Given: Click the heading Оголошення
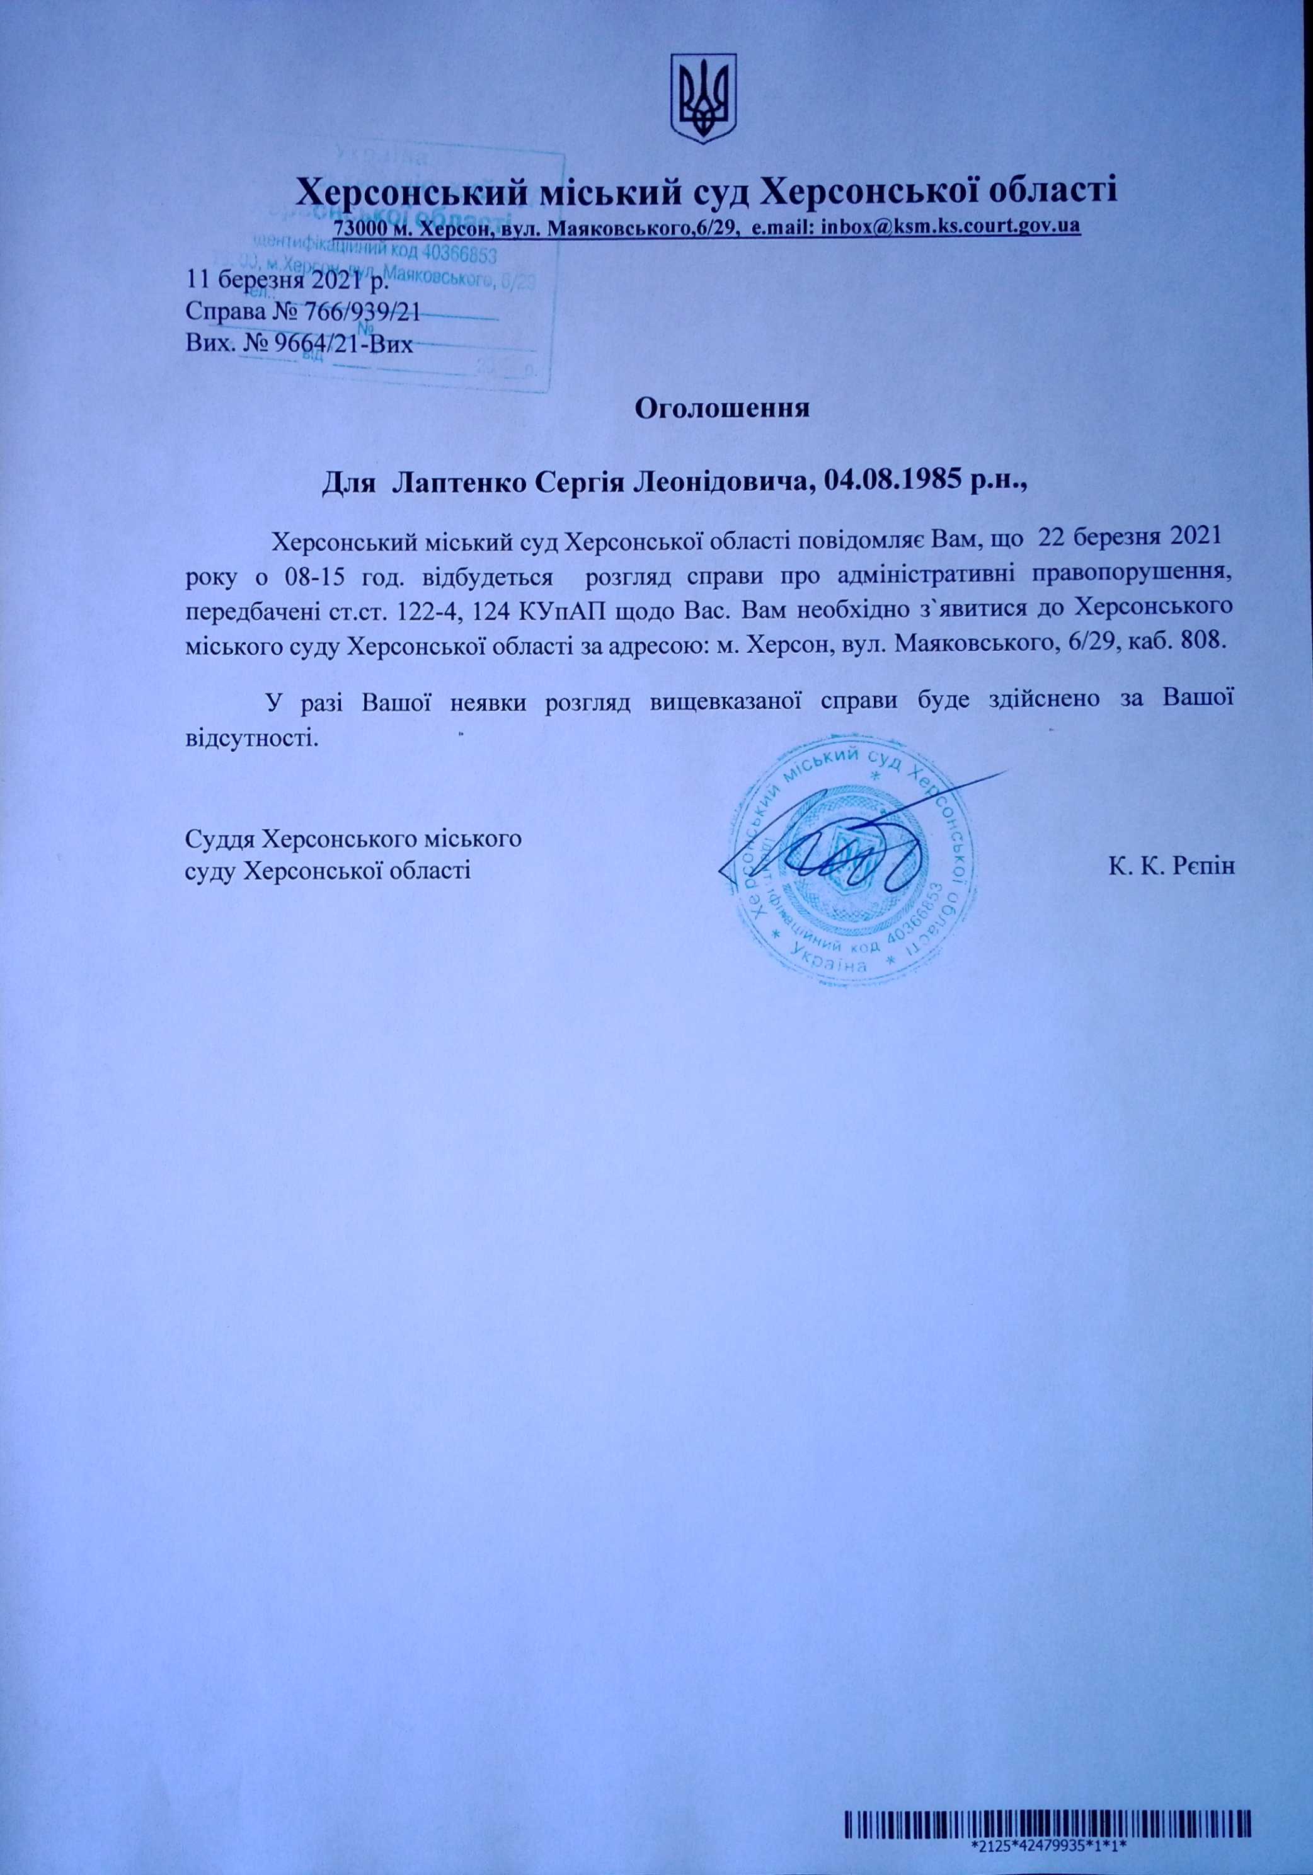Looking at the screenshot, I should [723, 408].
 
